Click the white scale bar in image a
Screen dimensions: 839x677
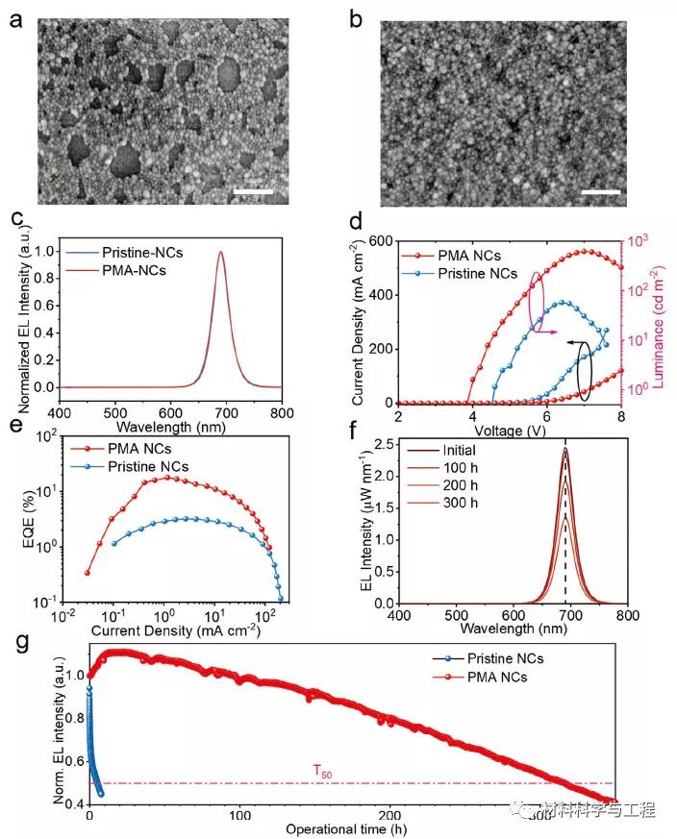[x=254, y=191]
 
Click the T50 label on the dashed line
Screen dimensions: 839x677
[x=321, y=770]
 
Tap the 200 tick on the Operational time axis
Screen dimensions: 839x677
[x=389, y=814]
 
